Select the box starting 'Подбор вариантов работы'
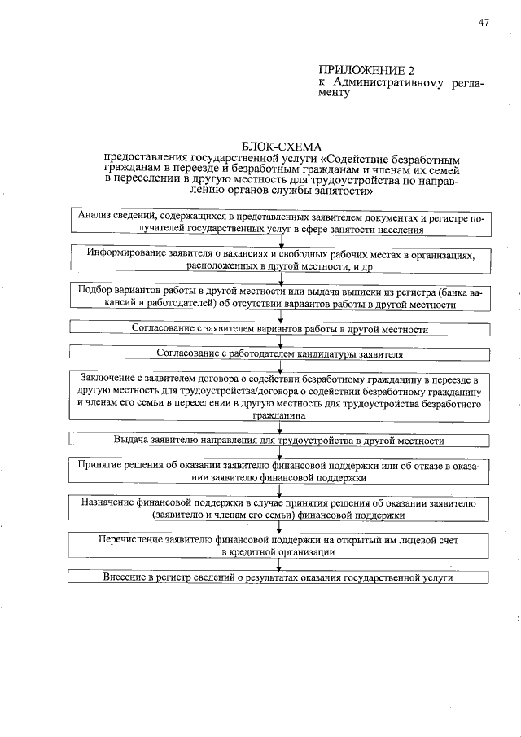pos(279,297)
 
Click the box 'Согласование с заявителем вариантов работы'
pos(279,330)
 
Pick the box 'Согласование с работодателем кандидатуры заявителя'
pos(279,354)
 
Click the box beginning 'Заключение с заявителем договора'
pos(279,397)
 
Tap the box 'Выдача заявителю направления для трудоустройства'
pos(279,440)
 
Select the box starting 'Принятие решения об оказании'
pos(279,472)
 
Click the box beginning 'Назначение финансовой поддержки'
pos(279,509)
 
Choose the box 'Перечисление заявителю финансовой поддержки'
pos(279,546)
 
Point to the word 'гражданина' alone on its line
pos(279,415)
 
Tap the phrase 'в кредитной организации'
pos(279,552)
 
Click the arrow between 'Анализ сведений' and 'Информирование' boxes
pos(280,241)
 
